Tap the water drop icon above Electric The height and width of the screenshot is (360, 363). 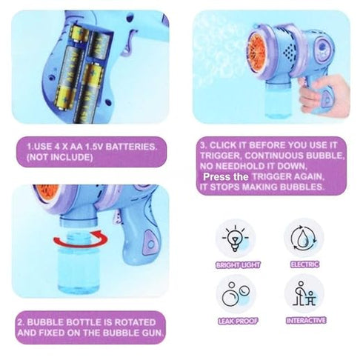pyautogui.click(x=304, y=237)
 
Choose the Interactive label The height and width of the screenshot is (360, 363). pyautogui.click(x=304, y=321)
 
